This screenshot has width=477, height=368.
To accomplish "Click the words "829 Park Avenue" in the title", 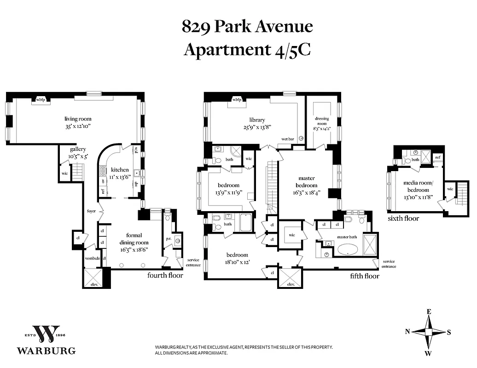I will tap(247, 27).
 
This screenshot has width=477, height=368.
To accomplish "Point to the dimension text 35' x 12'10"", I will tap(77, 126).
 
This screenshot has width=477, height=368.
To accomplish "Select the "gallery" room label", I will tap(78, 149).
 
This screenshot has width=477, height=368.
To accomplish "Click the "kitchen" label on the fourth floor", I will tap(119, 170).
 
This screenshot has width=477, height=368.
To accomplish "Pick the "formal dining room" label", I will tap(134, 239).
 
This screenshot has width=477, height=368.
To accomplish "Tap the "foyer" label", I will tap(91, 212).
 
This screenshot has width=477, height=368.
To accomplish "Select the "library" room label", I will tap(257, 120).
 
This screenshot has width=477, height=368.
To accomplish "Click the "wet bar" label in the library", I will tap(288, 139).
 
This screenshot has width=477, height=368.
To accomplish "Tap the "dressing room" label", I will tap(321, 121).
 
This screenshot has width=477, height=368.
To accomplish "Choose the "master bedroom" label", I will tap(306, 182).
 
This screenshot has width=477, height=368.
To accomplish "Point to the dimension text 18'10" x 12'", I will tap(237, 262).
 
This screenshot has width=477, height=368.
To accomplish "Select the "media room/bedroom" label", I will tap(416, 186).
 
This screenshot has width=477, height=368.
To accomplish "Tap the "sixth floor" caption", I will tap(403, 218).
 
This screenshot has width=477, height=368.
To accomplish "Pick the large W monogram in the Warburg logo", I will tap(46, 334).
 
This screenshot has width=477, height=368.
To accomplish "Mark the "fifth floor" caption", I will tap(364, 276).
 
